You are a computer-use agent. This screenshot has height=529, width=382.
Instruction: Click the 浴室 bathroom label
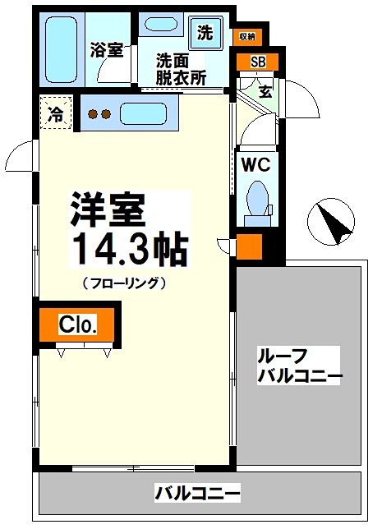(x=107, y=50)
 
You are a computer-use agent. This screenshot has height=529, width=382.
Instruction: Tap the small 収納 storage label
(x=246, y=35)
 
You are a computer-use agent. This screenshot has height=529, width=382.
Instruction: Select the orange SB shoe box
(x=257, y=62)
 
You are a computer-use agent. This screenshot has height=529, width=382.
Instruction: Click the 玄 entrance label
(x=266, y=90)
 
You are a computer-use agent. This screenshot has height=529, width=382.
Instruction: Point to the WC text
(x=255, y=163)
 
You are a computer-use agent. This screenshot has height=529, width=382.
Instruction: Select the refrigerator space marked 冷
(x=55, y=114)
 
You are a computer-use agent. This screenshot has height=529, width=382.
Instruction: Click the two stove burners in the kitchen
(x=99, y=114)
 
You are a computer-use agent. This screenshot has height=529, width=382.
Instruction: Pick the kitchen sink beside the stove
(x=144, y=112)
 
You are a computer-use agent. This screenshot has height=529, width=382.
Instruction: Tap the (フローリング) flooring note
(x=125, y=283)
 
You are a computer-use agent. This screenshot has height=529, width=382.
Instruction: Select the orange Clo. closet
(x=78, y=324)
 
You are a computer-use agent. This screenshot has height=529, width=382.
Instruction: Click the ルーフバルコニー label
(x=299, y=366)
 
